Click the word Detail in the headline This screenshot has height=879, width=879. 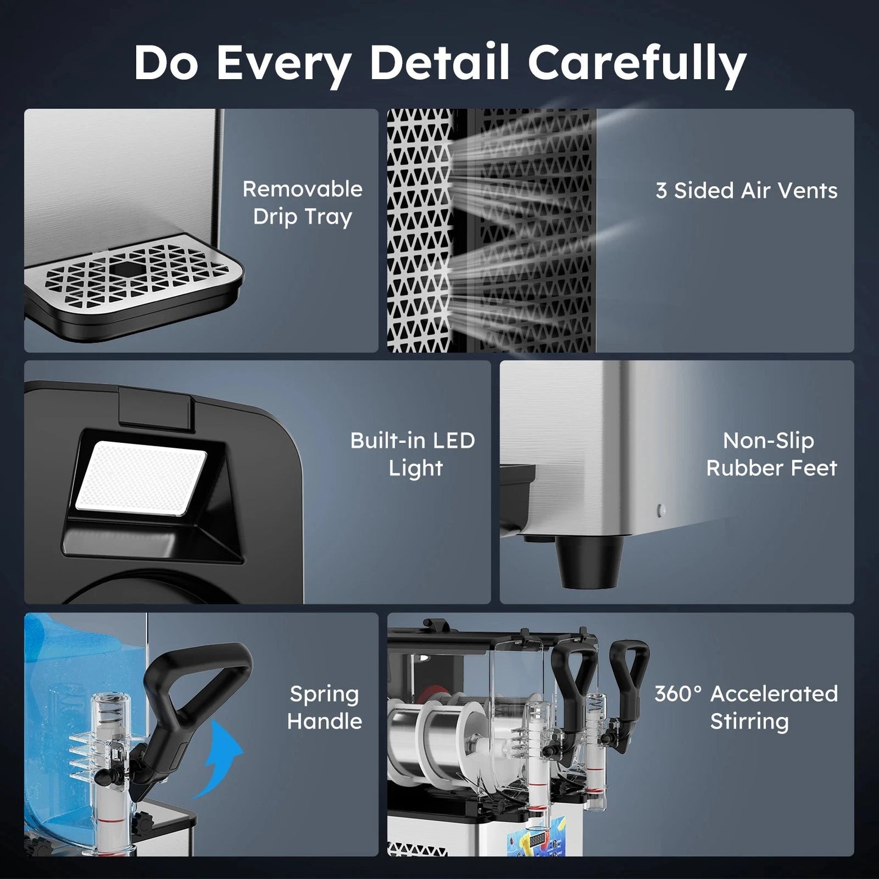pos(439,62)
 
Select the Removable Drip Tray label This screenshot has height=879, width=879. pos(302,203)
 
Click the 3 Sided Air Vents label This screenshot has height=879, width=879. pos(746,190)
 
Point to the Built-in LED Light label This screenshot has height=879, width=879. pos(413,454)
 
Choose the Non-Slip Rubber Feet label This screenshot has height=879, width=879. pos(771,454)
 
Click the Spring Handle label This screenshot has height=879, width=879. pos(324,707)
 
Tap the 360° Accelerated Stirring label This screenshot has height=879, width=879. pos(746,707)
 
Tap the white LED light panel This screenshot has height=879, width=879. pos(141,479)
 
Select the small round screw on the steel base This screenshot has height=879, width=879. pos(662,510)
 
